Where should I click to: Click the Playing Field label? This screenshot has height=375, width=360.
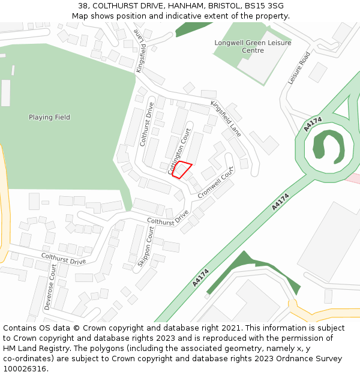(x=49, y=118)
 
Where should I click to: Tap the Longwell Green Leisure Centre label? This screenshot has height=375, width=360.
(x=253, y=47)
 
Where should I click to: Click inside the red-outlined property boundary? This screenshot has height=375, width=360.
(x=182, y=170)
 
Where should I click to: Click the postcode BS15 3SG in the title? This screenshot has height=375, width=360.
(x=265, y=6)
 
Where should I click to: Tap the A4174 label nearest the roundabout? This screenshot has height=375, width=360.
(x=313, y=124)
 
